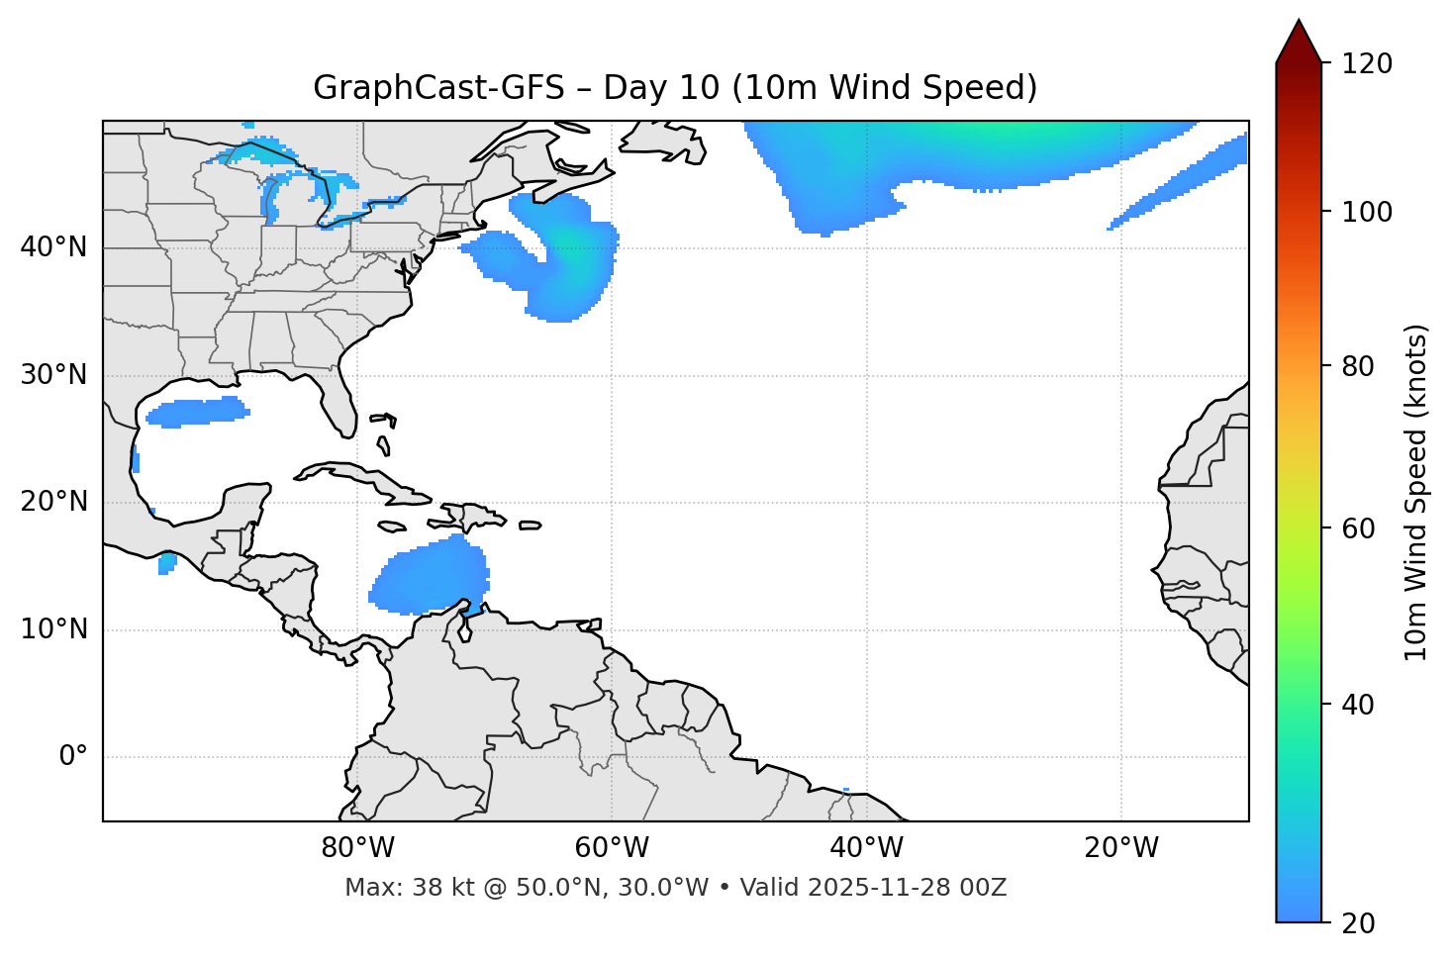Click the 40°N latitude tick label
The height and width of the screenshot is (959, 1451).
pyautogui.click(x=53, y=247)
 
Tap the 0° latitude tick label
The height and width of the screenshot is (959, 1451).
pyautogui.click(x=73, y=757)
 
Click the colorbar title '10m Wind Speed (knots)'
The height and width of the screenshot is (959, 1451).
pyautogui.click(x=1416, y=492)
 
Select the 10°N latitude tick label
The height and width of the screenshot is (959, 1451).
pyautogui.click(x=53, y=629)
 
